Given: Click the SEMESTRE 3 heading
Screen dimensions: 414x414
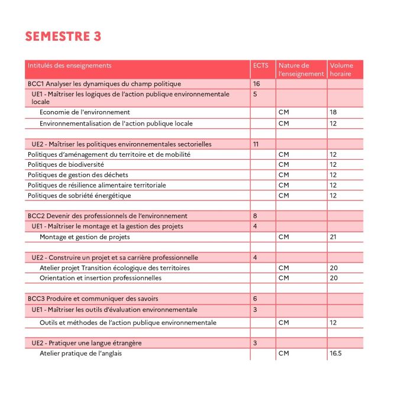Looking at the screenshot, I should point(63,37).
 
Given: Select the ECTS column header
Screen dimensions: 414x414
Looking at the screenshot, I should point(260,66).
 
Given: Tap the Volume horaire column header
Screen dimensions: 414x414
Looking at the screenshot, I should point(341,70).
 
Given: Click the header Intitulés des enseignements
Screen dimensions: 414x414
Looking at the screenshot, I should point(69,66).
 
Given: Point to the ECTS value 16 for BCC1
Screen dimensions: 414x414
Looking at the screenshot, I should point(257,84).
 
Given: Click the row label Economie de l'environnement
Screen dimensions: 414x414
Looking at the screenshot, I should point(85,112).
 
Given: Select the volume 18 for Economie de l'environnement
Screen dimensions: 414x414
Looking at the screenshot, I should point(333,112).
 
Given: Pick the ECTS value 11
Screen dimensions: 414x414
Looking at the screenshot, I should point(256,144).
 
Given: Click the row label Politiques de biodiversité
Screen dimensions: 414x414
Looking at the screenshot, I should point(66,164).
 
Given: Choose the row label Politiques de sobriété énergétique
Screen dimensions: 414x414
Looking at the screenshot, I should point(79,195).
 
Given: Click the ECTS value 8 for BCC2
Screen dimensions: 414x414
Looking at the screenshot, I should point(255,216).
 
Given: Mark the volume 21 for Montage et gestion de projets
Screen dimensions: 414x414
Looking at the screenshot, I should point(333,237).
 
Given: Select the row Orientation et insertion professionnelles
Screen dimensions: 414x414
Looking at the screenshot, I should point(100,278).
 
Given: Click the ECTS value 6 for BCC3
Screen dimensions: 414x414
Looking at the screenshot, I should point(255,299).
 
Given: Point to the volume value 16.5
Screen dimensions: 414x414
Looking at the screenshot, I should point(335,353).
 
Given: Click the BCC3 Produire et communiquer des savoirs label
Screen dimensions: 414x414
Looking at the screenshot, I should point(93,299).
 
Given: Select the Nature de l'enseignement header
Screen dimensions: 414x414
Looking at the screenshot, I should point(301,70).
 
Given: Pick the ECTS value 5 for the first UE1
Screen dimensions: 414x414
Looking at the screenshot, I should point(255,94).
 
